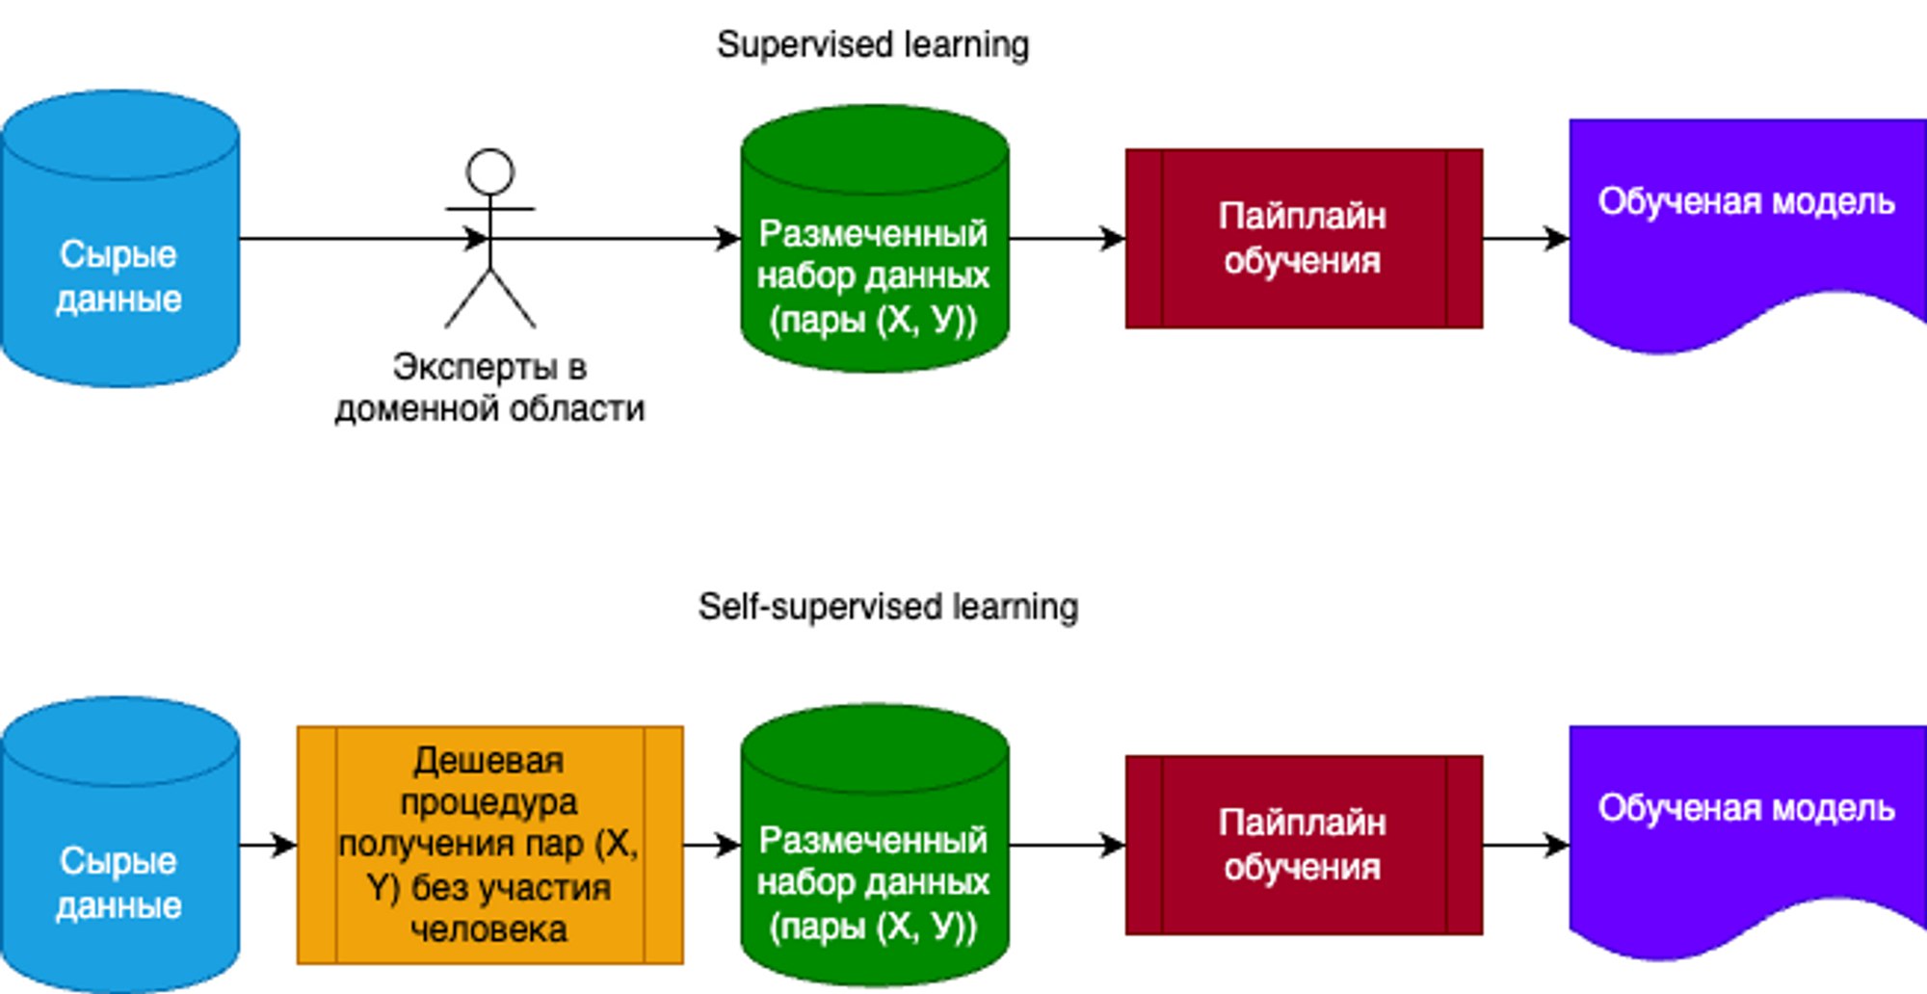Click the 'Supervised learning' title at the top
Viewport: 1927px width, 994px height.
pos(873,44)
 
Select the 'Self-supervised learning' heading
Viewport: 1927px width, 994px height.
pos(887,607)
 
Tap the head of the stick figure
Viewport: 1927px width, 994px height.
pos(489,172)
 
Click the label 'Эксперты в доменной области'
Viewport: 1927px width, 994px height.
pos(489,388)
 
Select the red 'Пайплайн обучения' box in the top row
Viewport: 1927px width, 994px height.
pos(1304,239)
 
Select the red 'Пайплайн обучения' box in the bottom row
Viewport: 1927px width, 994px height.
pos(1304,846)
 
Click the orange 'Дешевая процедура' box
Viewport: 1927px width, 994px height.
pos(489,845)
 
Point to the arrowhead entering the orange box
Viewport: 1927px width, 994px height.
pos(285,846)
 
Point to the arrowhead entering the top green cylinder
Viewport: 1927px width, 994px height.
pos(728,239)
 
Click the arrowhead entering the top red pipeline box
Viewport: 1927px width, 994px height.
pos(1114,239)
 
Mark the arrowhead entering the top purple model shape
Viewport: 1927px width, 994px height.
pos(1557,239)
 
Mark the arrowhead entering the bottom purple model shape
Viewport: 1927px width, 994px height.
pos(1557,846)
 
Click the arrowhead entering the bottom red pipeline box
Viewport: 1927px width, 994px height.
pos(1114,846)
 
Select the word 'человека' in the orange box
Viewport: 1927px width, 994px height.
pos(489,929)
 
